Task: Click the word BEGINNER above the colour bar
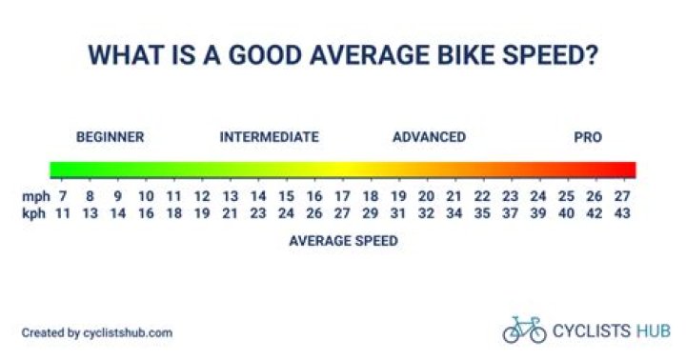[110, 137]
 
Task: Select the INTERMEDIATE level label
[269, 137]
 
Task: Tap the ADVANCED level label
[429, 137]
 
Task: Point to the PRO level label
[588, 137]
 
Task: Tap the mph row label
[33, 196]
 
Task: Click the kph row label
[33, 212]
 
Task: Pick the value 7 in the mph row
[63, 196]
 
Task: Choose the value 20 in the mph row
[426, 196]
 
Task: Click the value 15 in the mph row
[286, 196]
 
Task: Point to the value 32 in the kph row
[426, 212]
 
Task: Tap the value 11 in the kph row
[63, 212]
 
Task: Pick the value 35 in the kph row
[482, 212]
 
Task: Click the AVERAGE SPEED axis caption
[343, 241]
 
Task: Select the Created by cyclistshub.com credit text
[97, 332]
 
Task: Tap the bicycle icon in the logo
[524, 330]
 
